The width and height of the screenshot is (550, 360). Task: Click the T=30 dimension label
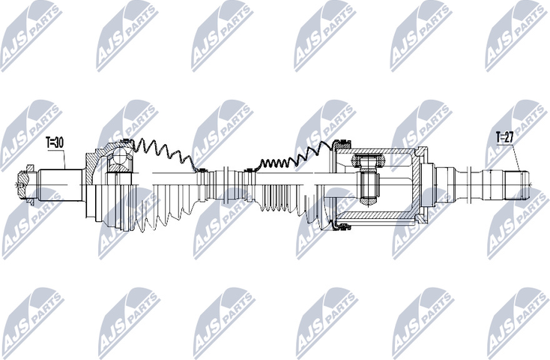click(55, 141)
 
